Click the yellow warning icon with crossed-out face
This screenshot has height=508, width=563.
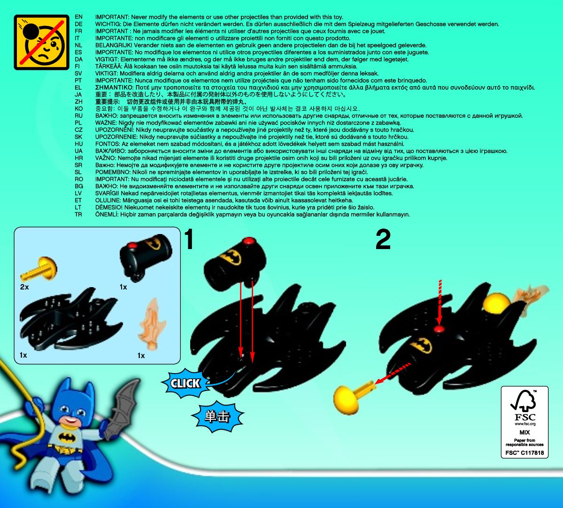click(41, 42)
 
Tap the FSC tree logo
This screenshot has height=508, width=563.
click(524, 401)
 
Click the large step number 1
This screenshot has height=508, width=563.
click(189, 239)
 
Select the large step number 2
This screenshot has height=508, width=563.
click(383, 239)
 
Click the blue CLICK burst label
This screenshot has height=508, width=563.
click(185, 383)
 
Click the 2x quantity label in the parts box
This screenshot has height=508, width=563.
click(24, 287)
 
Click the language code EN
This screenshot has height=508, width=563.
click(78, 17)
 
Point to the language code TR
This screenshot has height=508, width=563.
click(78, 214)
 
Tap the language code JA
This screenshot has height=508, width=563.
click(78, 94)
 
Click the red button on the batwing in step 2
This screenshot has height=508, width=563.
click(439, 329)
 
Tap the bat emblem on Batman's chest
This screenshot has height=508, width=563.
click(66, 437)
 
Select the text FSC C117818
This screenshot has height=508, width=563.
click(524, 453)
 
